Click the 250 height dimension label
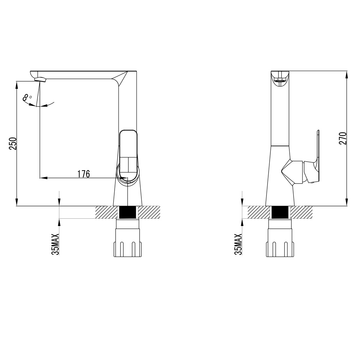click(13, 143)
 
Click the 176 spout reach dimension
click(83, 174)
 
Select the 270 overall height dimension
click(343, 138)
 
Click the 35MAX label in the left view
click(56, 244)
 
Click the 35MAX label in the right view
click(238, 244)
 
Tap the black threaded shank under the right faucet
click(280, 212)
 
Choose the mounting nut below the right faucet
click(280, 243)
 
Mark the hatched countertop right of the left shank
click(149, 212)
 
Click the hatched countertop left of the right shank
click(259, 212)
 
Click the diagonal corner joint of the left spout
click(121, 78)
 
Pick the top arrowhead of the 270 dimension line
click(347, 73)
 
